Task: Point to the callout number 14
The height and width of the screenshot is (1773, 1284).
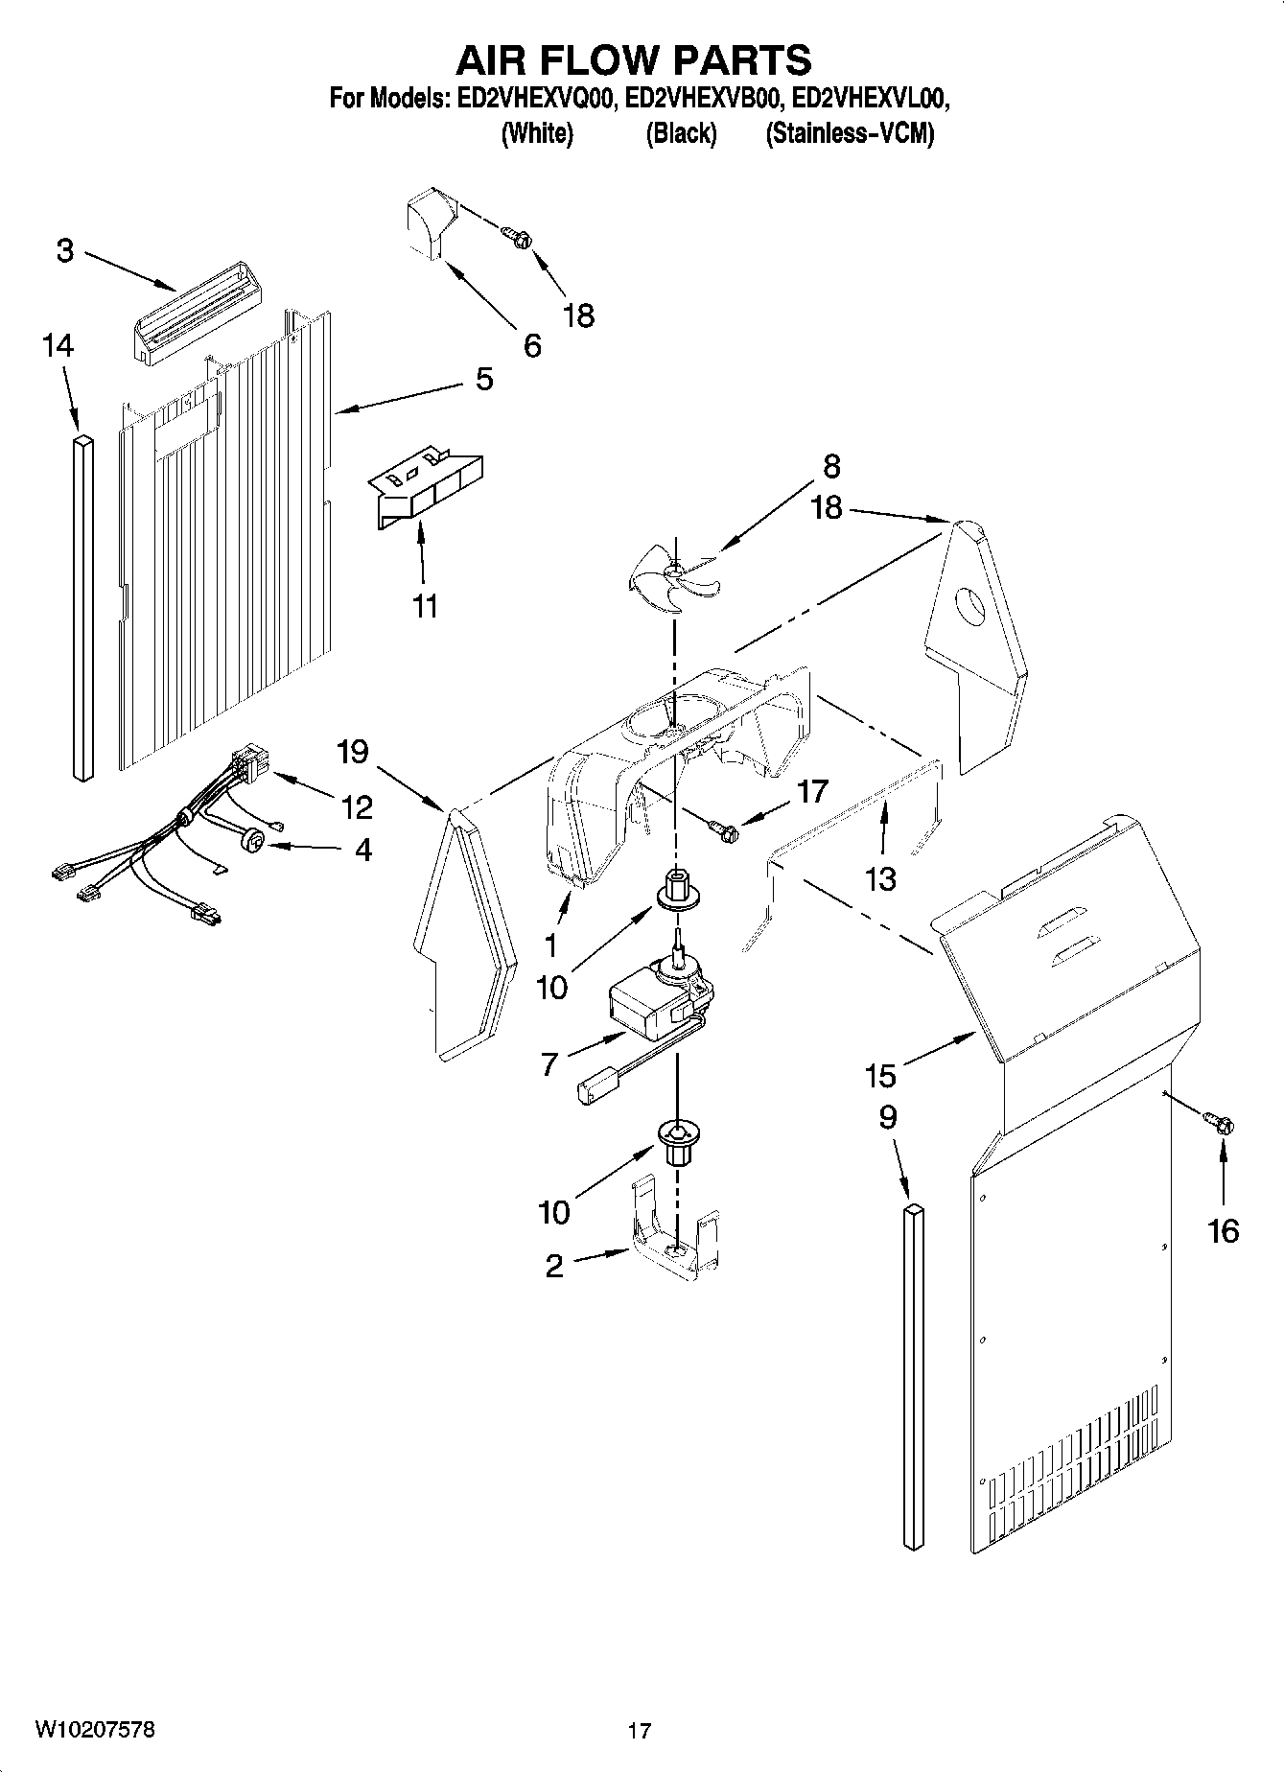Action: pyautogui.click(x=58, y=345)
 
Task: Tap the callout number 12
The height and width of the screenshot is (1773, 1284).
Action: pyautogui.click(x=357, y=807)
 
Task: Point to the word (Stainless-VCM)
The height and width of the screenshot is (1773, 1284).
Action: pyautogui.click(x=849, y=134)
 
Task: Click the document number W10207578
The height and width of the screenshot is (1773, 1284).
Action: pyautogui.click(x=95, y=1730)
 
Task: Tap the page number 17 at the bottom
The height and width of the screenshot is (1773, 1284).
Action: pyautogui.click(x=640, y=1731)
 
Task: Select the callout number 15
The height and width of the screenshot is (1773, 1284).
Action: pyautogui.click(x=879, y=1076)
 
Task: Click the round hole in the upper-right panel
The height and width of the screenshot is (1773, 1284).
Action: pyautogui.click(x=972, y=608)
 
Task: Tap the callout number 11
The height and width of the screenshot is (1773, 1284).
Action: pyautogui.click(x=425, y=605)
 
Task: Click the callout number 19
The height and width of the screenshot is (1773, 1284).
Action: pyautogui.click(x=353, y=751)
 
